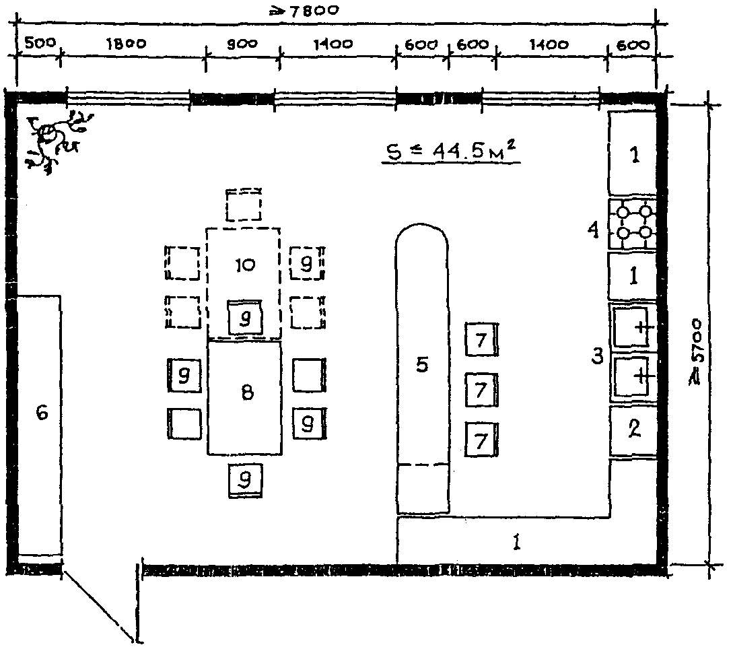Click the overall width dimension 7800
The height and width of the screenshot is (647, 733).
[x=304, y=10]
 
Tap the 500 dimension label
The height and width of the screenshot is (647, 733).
[x=40, y=43]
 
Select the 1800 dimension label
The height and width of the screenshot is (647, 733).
[x=127, y=44]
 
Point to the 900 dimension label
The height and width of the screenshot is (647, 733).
[x=242, y=44]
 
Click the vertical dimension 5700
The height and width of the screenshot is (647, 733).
[x=697, y=351]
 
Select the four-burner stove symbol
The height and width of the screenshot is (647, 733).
[x=633, y=224]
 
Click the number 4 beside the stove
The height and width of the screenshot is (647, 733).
[x=593, y=230]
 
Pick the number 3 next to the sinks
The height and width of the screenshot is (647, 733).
[x=598, y=356]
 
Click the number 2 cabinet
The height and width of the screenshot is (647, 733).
[x=633, y=429]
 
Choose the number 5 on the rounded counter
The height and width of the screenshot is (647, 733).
[x=421, y=365]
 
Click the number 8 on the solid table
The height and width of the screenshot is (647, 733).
[x=247, y=393]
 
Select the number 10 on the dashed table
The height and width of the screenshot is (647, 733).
[x=245, y=265]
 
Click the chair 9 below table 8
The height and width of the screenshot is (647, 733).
[x=246, y=481]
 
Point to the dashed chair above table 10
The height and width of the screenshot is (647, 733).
[x=244, y=204]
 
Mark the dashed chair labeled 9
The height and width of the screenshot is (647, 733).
[x=307, y=263]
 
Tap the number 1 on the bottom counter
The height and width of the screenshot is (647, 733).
[x=516, y=542]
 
